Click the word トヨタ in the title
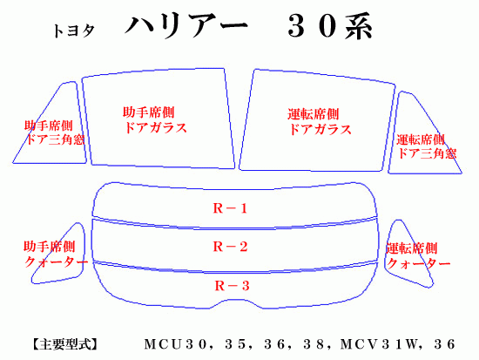coord(74,31)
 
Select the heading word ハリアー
coord(186,27)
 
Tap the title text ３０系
coord(330,27)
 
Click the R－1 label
coord(230,208)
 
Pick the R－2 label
coord(230,247)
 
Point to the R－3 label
coord(232,286)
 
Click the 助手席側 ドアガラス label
coord(154,120)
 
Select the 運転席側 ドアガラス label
coord(320,121)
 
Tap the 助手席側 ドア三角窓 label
coord(55,132)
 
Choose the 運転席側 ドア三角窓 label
coord(427,146)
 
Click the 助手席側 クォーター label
coord(55,255)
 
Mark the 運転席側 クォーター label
coord(418,255)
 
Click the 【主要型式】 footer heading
coord(64,344)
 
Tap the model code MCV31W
coord(379,344)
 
